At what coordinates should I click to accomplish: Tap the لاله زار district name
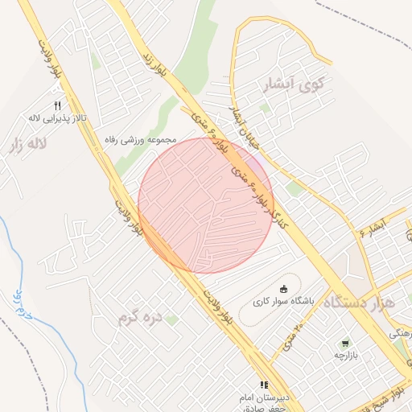pos(26,146)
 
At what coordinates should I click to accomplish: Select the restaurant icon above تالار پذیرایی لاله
pos(57,105)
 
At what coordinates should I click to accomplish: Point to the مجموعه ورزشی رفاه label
pos(141,139)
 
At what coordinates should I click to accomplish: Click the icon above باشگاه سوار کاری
pos(282,289)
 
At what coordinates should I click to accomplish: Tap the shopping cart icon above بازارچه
pos(345,342)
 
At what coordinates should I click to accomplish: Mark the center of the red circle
pos(205,205)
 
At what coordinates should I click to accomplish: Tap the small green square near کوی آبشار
pos(265,107)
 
